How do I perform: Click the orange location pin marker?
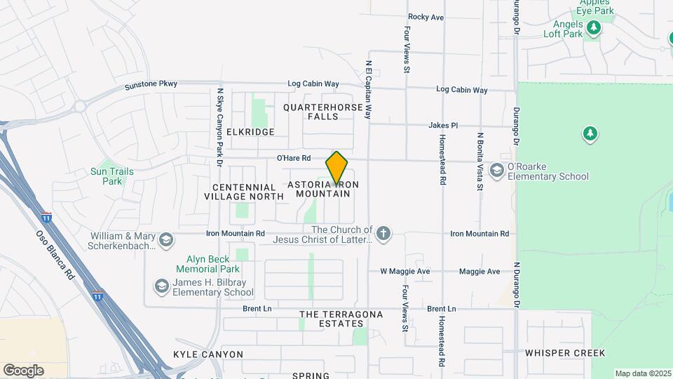pyautogui.click(x=336, y=168)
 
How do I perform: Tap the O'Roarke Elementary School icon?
pyautogui.click(x=497, y=171)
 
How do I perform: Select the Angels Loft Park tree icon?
pyautogui.click(x=594, y=27)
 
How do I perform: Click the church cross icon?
pyautogui.click(x=383, y=234)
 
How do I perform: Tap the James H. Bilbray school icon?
pyautogui.click(x=161, y=286)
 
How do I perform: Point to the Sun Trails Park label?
pyautogui.click(x=107, y=176)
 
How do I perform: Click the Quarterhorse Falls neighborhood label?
pyautogui.click(x=323, y=112)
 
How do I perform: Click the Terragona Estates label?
pyautogui.click(x=341, y=319)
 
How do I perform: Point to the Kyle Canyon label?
pyautogui.click(x=208, y=354)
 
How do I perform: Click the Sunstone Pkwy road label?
pyautogui.click(x=151, y=85)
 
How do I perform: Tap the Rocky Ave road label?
pyautogui.click(x=426, y=17)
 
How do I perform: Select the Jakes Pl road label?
pyautogui.click(x=443, y=125)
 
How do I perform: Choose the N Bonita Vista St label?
pyautogui.click(x=480, y=161)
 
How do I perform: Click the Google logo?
pyautogui.click(x=23, y=370)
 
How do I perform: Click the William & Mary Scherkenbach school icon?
pyautogui.click(x=166, y=241)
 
